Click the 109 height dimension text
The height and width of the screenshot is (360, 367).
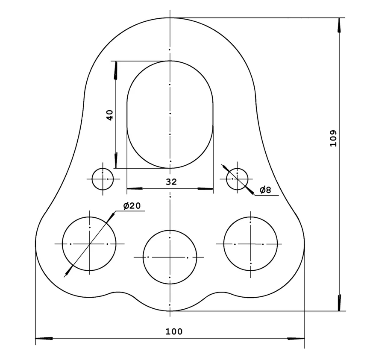pos(333,138)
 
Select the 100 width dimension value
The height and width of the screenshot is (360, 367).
pos(173,331)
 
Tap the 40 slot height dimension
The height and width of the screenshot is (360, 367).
pos(110,115)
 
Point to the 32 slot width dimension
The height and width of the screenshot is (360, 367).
pos(171,182)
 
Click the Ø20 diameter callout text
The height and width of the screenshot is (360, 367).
pos(132,205)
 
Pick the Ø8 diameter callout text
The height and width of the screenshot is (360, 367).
pos(265,190)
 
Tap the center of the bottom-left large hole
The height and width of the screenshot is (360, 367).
pos(89,244)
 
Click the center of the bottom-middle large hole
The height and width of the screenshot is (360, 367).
pos(170,258)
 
